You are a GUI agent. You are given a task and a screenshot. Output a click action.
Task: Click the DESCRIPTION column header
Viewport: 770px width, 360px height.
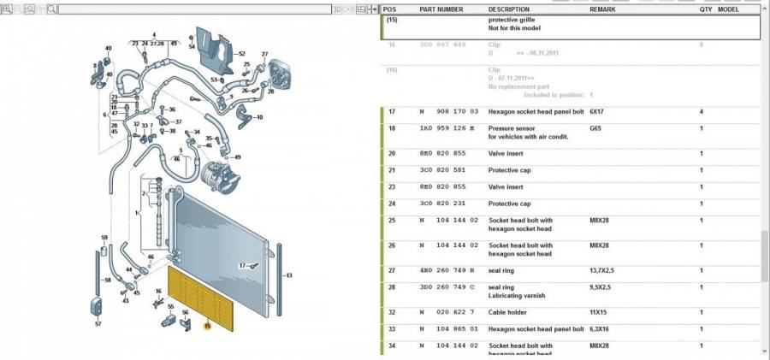pyautogui.click(x=509, y=9)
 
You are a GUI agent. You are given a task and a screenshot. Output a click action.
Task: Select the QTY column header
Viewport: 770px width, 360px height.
pyautogui.click(x=705, y=9)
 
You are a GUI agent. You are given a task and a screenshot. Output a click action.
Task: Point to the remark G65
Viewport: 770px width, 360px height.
pyautogui.click(x=595, y=128)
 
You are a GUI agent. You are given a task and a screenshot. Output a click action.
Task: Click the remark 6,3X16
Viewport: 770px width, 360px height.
pyautogui.click(x=601, y=330)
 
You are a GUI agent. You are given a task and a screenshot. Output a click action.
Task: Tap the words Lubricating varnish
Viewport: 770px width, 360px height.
pyautogui.click(x=518, y=295)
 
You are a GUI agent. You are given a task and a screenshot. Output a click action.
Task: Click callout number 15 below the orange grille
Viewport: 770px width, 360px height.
pyautogui.click(x=207, y=326)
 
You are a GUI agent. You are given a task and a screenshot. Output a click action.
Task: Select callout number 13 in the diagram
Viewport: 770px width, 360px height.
pyautogui.click(x=288, y=275)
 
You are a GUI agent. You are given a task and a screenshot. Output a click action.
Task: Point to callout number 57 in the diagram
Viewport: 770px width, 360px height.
pyautogui.click(x=98, y=324)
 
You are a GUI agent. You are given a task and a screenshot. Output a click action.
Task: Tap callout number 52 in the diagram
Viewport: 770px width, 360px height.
pyautogui.click(x=240, y=54)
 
